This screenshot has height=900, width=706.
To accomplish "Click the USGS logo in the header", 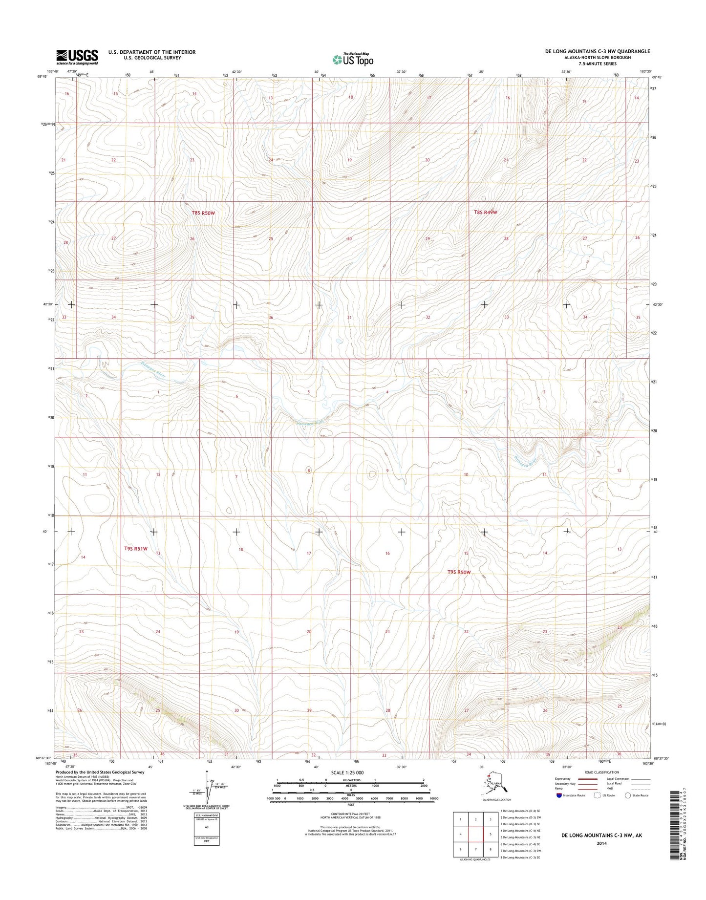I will coord(77,57).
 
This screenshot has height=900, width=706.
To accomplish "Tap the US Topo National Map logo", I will coord(353,60).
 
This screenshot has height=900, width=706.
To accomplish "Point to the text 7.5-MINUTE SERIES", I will coord(598,64).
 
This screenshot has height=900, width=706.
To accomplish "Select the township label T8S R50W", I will coord(203,213).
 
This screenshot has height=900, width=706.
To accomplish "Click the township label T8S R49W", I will coord(485,212).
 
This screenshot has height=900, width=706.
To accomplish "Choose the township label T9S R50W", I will coord(459,572).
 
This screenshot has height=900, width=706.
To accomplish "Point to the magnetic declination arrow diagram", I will coord(207,792).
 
